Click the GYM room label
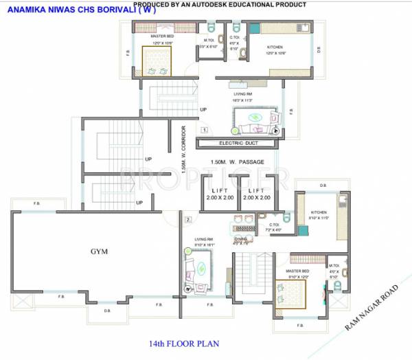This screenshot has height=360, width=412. point(100,251)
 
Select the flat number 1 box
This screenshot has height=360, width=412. point(204,128)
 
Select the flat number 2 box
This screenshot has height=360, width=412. point(187,220)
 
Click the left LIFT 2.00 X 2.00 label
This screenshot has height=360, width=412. point(220,194)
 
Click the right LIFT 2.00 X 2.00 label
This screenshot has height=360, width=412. point(257,194)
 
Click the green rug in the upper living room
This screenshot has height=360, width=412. point(254,117)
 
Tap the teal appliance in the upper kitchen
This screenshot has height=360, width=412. point(254,29)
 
